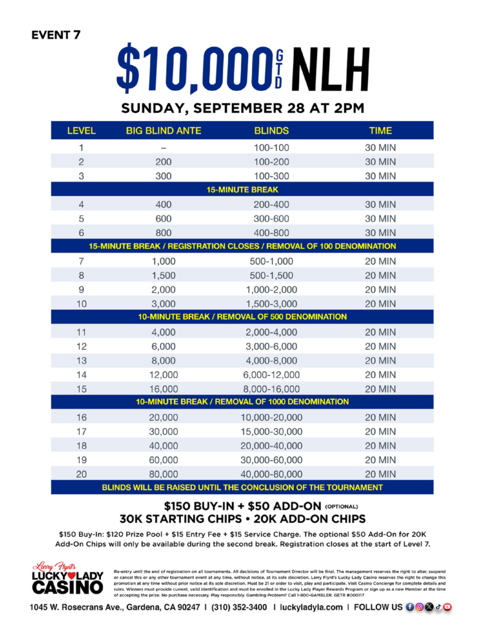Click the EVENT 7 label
pos(55,34)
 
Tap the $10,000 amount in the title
pos(190,67)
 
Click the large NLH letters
pos(331,67)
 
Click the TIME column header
pos(380,131)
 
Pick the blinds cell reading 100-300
pos(271,176)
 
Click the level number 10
pos(81,304)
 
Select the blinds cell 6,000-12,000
pos(271,375)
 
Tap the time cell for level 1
pos(380,148)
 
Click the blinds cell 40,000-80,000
pos(271,474)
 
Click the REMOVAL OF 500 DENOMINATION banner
pos(242,317)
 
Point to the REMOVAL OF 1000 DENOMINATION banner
pos(242,402)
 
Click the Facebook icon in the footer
pos(410,607)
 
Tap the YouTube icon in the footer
pos(448,607)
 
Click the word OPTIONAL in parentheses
pos(335,508)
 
